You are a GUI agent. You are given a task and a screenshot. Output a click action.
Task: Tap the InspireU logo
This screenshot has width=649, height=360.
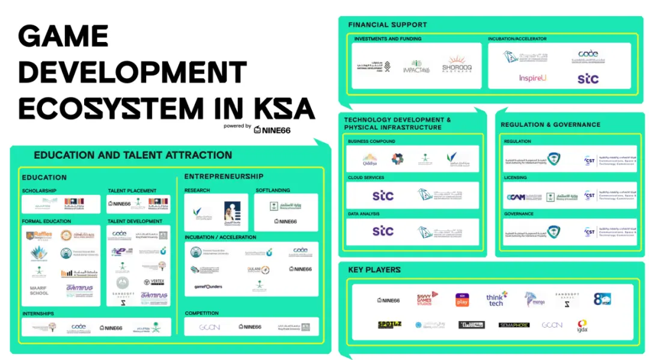[x=532, y=78]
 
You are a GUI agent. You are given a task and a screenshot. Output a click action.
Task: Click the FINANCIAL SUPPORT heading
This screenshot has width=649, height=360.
[x=388, y=25]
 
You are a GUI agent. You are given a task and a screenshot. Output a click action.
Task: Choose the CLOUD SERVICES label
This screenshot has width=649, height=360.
[x=366, y=178]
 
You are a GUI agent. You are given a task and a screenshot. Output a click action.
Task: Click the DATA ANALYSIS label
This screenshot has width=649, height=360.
[x=364, y=214]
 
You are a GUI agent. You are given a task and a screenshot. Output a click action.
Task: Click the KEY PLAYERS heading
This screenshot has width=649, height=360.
[x=374, y=270]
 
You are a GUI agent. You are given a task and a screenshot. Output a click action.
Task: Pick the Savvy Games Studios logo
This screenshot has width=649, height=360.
[x=428, y=299]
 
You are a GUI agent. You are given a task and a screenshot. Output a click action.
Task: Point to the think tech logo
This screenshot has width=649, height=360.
[x=496, y=299]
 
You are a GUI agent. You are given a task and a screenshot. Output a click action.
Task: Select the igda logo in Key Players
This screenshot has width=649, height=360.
[x=582, y=325]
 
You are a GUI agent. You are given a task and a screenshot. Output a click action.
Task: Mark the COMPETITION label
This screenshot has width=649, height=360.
[x=202, y=313]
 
